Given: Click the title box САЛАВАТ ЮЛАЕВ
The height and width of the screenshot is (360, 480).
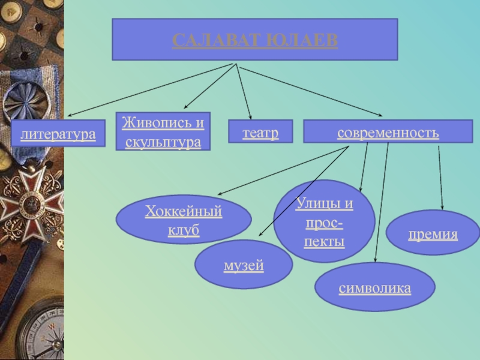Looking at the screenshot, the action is tap(254, 39).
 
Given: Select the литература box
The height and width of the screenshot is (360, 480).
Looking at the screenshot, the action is tap(58, 133).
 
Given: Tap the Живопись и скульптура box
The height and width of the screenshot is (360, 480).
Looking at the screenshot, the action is tap(163, 131).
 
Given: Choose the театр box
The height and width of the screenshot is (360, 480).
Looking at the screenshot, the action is tap(260, 131).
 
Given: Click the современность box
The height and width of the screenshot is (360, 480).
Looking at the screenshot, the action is tap(388, 131).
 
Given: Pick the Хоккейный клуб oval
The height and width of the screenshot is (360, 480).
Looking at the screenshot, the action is tap(183, 220).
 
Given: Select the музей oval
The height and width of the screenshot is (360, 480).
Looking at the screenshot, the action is tap(244, 264).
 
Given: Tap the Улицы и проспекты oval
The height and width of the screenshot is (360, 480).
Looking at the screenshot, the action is tap(324, 221).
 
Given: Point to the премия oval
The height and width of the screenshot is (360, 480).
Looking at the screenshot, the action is tap(433, 233).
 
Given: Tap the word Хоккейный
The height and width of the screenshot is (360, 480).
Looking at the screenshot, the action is tap(184, 211).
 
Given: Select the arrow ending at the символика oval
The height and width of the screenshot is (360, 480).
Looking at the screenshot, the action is tap(381, 204).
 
